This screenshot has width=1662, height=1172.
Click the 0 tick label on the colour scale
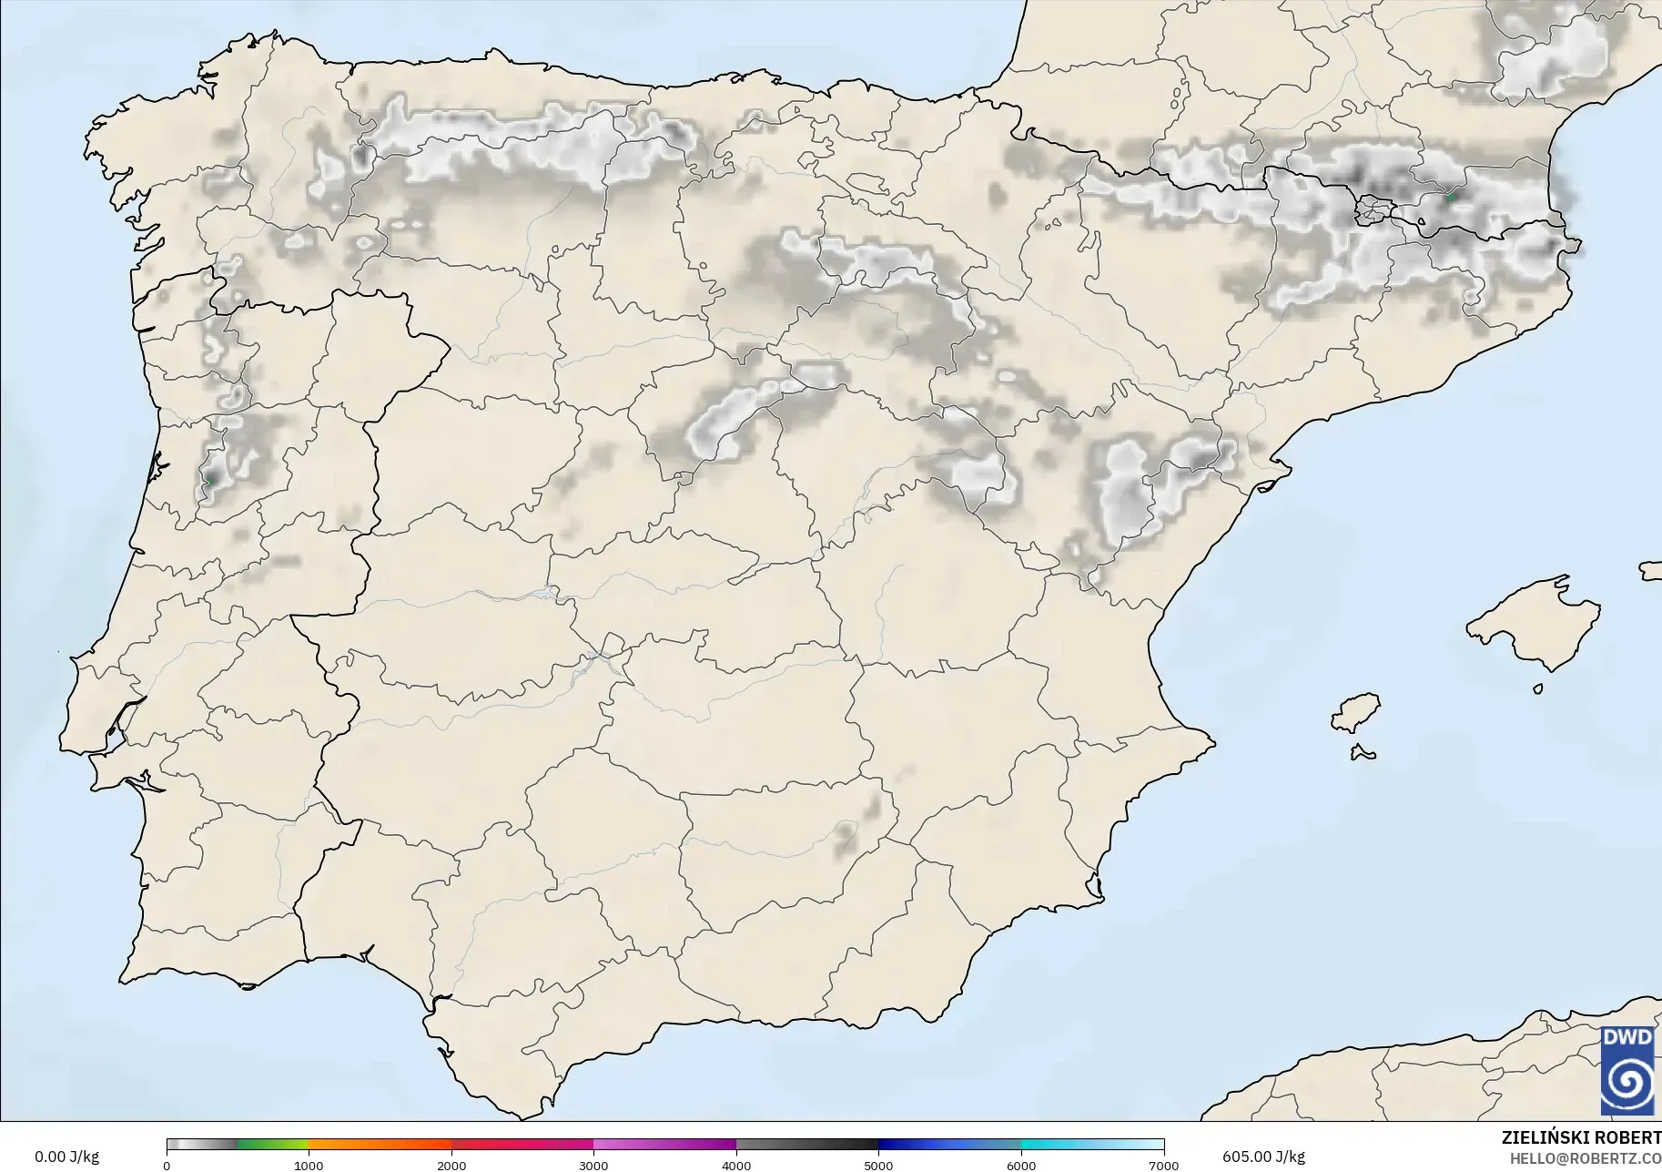(167, 1166)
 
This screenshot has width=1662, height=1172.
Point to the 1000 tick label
(309, 1166)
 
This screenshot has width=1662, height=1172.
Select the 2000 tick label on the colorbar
(451, 1166)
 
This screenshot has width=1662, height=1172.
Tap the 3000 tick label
(593, 1166)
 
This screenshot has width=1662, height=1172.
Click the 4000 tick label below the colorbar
(736, 1166)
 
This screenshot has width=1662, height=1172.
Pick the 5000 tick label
(878, 1166)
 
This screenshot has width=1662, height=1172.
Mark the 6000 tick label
(1021, 1166)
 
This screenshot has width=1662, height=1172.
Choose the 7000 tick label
(1163, 1166)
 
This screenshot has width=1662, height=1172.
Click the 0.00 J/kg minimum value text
(66, 1157)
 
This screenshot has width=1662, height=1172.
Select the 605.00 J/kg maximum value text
(1263, 1157)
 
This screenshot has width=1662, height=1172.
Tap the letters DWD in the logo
(1627, 1038)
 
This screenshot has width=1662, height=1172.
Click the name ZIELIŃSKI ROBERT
(1581, 1137)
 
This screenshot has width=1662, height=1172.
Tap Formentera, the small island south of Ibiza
(1363, 753)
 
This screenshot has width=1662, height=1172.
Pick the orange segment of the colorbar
(380, 1145)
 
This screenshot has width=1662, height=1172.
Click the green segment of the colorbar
(273, 1145)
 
